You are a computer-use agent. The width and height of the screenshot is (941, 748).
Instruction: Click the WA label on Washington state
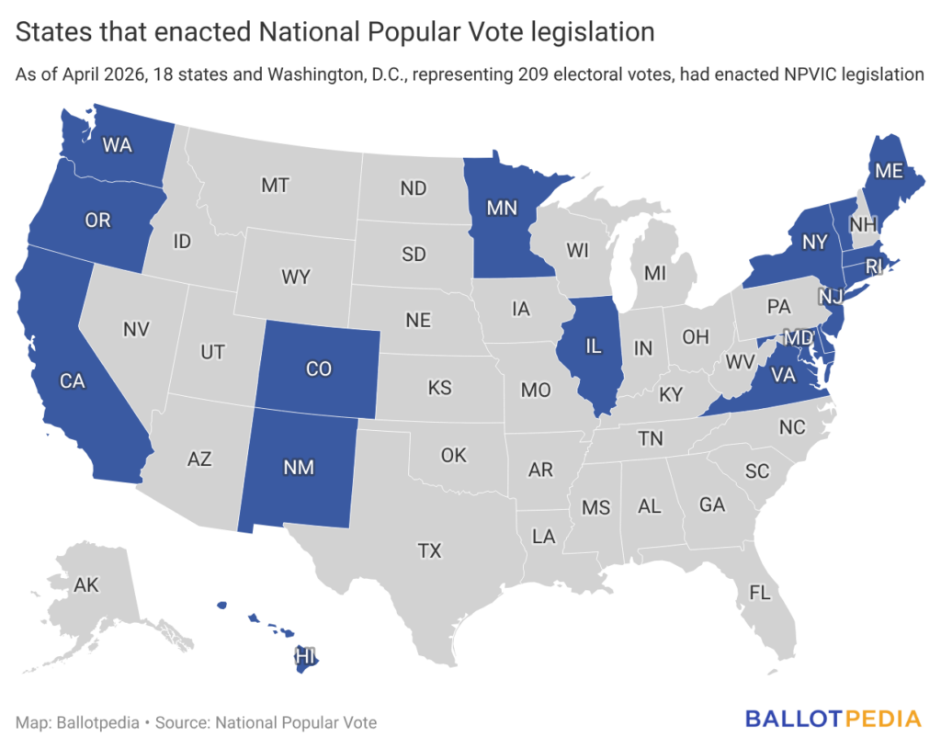click(117, 144)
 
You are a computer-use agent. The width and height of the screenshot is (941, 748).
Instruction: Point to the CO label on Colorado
click(318, 369)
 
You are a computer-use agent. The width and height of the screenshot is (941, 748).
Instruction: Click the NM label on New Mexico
click(299, 468)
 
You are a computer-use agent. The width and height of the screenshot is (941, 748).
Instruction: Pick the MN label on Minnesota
click(502, 208)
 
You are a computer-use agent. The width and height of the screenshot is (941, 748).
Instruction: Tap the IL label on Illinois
click(593, 347)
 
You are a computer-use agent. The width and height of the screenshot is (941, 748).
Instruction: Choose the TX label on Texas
click(429, 551)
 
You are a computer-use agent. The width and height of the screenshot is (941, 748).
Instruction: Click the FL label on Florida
click(759, 593)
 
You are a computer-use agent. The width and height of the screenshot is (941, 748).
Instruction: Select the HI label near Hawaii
click(305, 656)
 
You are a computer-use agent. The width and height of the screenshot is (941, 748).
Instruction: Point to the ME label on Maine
click(888, 170)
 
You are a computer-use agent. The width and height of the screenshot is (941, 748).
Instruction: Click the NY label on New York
click(814, 242)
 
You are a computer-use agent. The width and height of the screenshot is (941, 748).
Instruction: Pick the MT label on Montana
click(275, 185)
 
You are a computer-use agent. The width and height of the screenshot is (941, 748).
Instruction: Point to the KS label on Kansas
click(440, 388)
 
